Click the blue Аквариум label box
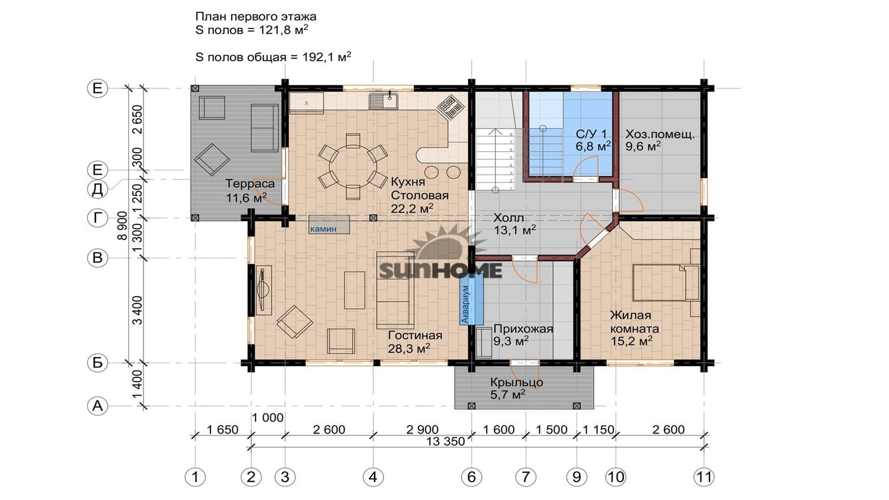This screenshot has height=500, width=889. coord(472,300)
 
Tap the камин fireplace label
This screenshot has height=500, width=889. coord(329,225)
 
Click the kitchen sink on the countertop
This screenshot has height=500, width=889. coord(383,101)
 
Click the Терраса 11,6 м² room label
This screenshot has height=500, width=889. coord(250,191)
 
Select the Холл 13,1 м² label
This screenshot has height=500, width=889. coord(514,223)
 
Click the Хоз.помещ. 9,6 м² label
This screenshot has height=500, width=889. coord(660,140)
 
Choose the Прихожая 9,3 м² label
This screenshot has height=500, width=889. coord(523,335)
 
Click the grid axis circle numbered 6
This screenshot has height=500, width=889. coord(472,476)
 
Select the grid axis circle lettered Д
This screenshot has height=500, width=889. coord(97,189)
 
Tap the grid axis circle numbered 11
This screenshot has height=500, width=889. coord(704,476)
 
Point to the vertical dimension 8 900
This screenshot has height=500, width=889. coord(123,225)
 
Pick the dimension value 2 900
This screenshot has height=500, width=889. coord(422,430)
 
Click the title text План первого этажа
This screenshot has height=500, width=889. coord(255,17)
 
